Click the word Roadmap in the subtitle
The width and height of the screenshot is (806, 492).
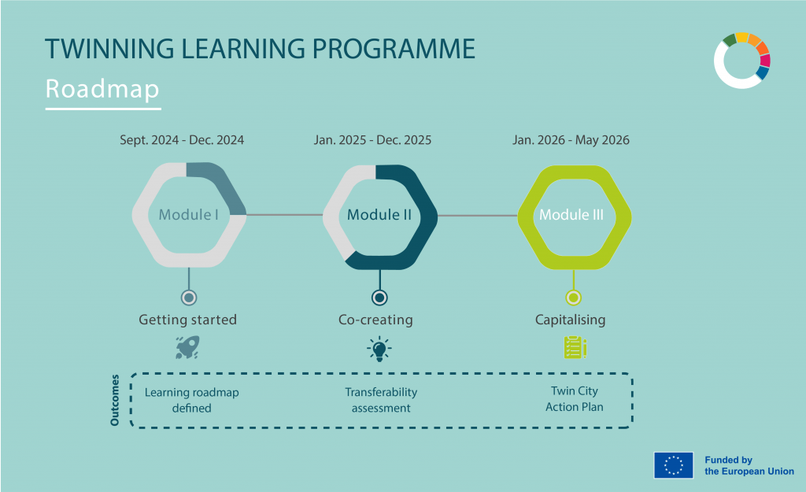click(102, 88)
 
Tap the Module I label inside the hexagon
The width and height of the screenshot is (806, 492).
click(189, 215)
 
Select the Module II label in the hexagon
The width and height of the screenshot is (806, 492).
click(379, 215)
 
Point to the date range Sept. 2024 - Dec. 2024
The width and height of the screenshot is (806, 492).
click(182, 140)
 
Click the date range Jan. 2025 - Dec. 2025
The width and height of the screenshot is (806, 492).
click(372, 140)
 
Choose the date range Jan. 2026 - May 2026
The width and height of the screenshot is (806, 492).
click(571, 140)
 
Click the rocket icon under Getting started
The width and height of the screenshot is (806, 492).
click(187, 347)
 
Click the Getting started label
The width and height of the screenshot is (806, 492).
click(187, 320)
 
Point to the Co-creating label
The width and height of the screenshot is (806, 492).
click(375, 320)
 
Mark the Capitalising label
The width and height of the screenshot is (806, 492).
click(571, 320)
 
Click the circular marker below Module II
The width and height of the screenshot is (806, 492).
click(379, 298)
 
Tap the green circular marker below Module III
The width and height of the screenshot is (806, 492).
click(574, 298)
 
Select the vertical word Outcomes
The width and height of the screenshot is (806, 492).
click(116, 400)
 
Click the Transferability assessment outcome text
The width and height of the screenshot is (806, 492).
click(381, 400)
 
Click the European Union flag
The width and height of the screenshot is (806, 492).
click(673, 465)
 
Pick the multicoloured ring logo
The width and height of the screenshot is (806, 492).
click(741, 61)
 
